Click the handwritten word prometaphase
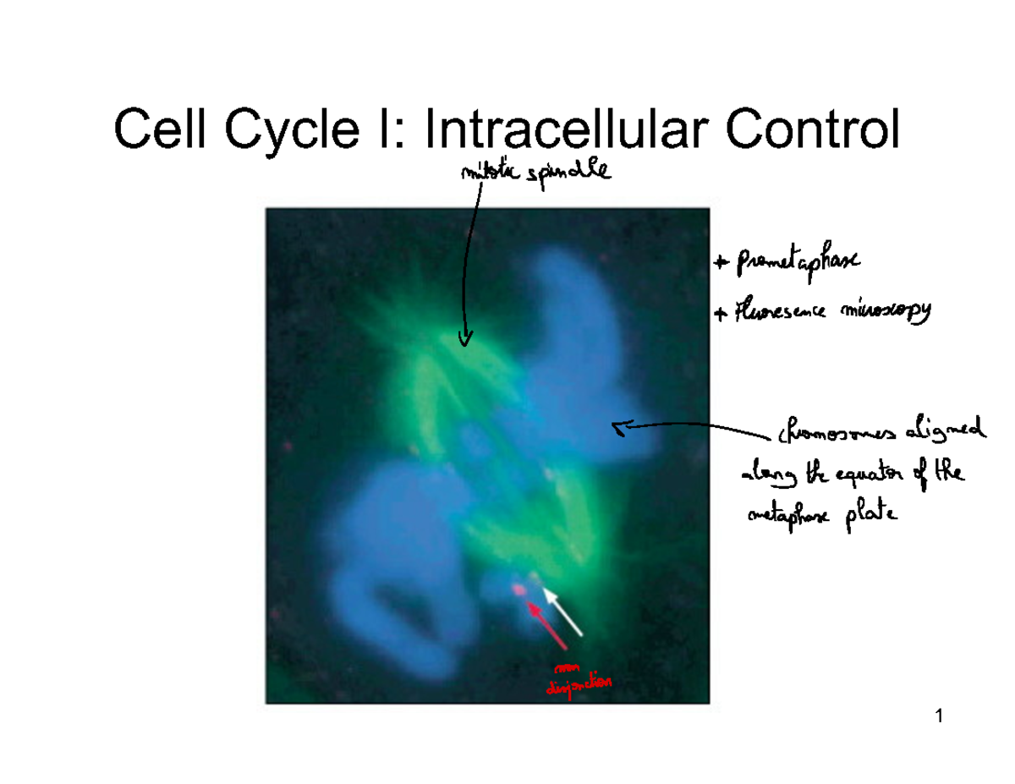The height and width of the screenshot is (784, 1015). [798, 263]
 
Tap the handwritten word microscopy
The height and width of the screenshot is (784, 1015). [885, 314]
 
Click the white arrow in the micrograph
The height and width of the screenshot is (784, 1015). [562, 613]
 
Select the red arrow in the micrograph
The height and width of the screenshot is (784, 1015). [547, 626]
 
